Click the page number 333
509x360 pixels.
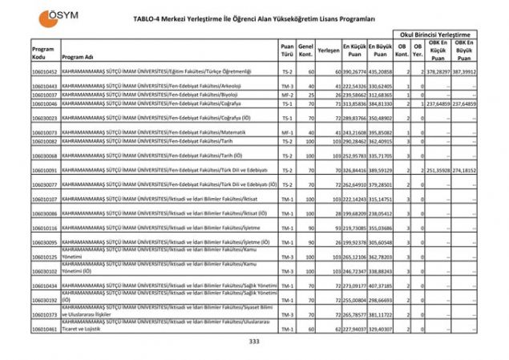point(255,342)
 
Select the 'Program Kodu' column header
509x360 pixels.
point(43,53)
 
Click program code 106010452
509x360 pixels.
point(45,71)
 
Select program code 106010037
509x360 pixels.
point(45,94)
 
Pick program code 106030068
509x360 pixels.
point(45,156)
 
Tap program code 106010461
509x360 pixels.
point(45,329)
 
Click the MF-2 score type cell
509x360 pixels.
point(286,94)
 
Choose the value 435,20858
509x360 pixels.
point(381,71)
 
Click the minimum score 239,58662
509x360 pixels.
point(354,94)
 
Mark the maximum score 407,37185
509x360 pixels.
point(381,285)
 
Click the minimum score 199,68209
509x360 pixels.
point(354,214)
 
